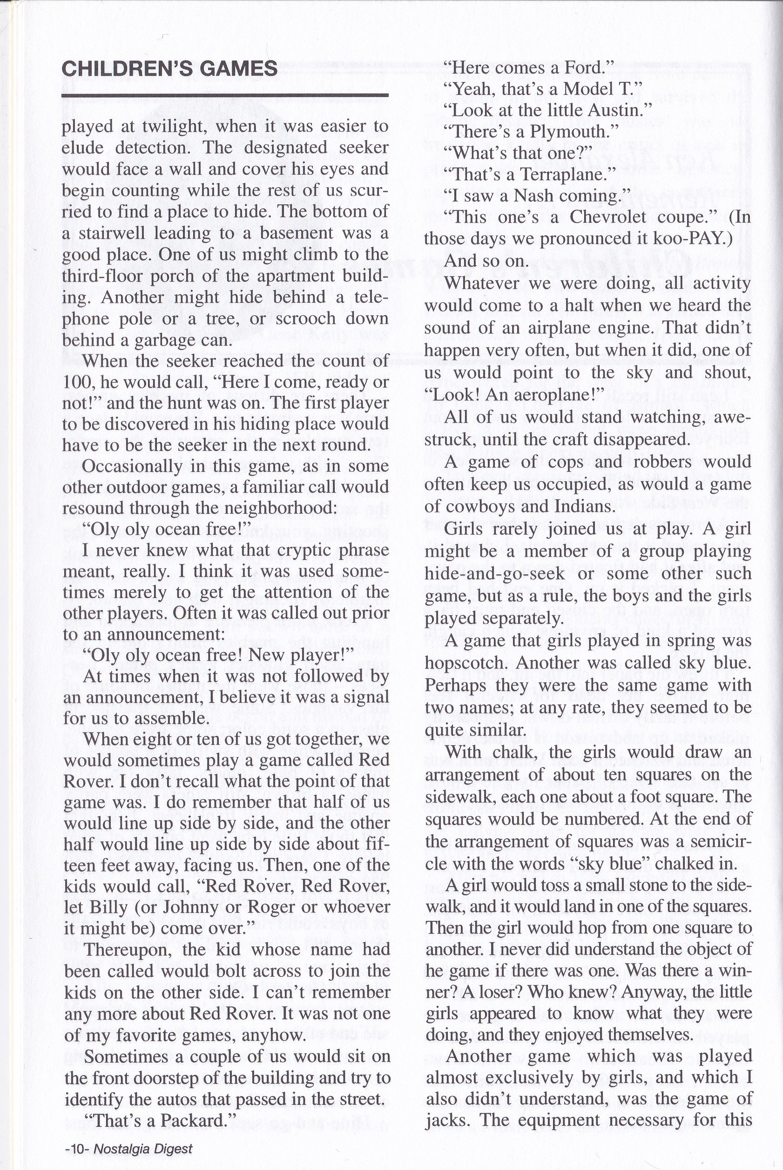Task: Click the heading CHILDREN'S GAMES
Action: pyautogui.click(x=169, y=68)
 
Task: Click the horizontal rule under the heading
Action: pyautogui.click(x=225, y=95)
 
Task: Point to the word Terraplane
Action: pyautogui.click(x=562, y=174)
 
